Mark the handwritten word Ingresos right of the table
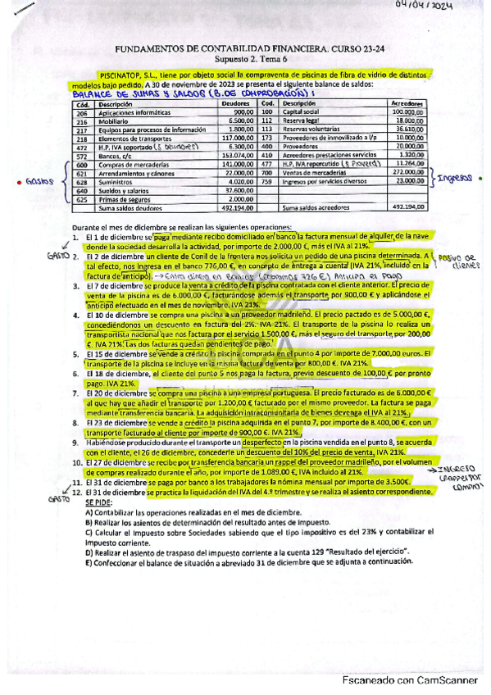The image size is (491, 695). point(458,177)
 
